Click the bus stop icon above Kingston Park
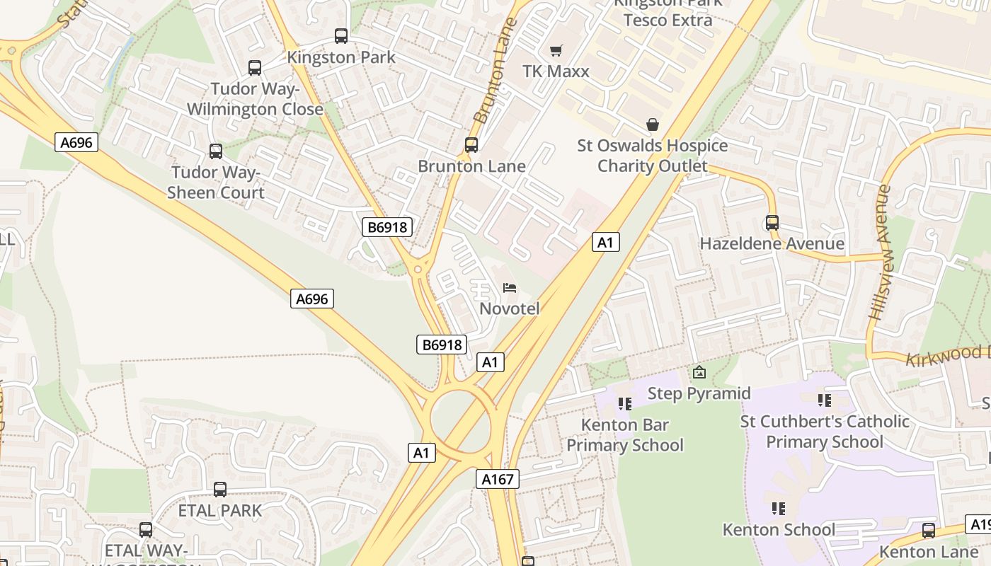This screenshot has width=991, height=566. tap(341, 36)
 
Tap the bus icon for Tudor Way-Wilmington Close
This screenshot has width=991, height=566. tap(255, 68)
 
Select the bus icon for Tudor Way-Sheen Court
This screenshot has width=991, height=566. tap(216, 151)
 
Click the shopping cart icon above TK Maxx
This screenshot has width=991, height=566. tap(556, 50)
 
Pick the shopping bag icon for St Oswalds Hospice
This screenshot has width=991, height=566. tap(653, 125)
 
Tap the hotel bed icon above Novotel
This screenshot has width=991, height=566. tap(510, 287)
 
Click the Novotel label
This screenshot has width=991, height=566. tap(510, 308)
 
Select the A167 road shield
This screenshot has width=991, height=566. tap(497, 479)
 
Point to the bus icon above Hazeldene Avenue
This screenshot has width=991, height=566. tap(772, 223)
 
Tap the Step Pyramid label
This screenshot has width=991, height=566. tap(699, 393)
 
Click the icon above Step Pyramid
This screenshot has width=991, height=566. tap(699, 372)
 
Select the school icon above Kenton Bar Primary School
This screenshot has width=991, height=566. tap(624, 404)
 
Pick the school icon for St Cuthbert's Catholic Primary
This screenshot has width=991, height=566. tap(825, 400)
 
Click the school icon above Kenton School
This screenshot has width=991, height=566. tap(779, 509)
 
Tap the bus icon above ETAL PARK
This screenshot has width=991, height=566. tap(220, 490)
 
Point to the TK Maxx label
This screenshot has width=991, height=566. tap(556, 71)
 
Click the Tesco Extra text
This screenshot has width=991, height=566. tap(668, 20)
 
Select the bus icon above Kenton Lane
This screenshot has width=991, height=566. tap(929, 531)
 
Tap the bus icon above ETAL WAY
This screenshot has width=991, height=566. tap(146, 530)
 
